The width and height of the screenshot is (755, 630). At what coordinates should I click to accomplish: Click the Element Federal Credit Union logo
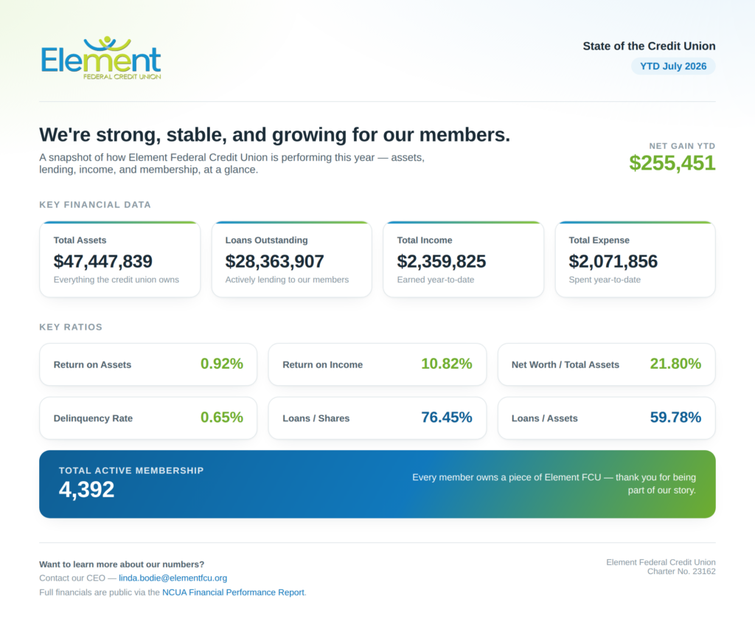[x=101, y=58]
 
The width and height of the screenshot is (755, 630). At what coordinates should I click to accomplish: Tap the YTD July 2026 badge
[x=673, y=66]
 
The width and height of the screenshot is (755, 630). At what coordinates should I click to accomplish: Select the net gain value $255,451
[x=672, y=163]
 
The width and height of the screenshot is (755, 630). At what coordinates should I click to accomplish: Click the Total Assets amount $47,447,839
[x=103, y=262]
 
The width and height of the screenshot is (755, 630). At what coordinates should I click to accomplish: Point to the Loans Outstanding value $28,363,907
[x=274, y=262]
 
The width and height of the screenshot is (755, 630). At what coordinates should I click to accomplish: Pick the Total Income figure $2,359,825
[x=442, y=262]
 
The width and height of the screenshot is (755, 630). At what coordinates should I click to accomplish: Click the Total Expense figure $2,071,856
[x=613, y=262]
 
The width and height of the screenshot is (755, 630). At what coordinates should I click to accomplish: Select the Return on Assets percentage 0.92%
[x=222, y=364]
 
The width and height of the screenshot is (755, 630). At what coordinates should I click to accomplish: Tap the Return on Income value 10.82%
[x=447, y=364]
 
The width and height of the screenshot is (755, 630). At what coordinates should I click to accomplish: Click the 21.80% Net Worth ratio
[x=675, y=364]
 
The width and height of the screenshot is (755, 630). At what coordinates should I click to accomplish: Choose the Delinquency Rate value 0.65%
[x=222, y=417]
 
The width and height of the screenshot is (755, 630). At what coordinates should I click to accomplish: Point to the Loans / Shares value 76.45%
[x=447, y=417]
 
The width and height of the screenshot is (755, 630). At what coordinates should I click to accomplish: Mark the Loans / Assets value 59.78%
[x=675, y=417]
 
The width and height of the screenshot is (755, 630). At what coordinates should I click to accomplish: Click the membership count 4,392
[x=87, y=490]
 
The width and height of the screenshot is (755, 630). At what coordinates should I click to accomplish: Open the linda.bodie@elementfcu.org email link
[x=173, y=578]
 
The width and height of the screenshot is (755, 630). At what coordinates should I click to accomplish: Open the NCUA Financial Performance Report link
[x=233, y=592]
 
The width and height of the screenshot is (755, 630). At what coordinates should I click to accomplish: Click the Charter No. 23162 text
[x=681, y=571]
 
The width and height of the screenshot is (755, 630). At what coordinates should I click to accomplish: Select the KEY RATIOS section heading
[x=71, y=327]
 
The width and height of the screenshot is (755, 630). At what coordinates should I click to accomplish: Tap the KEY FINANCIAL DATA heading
[x=95, y=204]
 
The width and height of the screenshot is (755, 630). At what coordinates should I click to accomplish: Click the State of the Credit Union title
[x=649, y=46]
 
